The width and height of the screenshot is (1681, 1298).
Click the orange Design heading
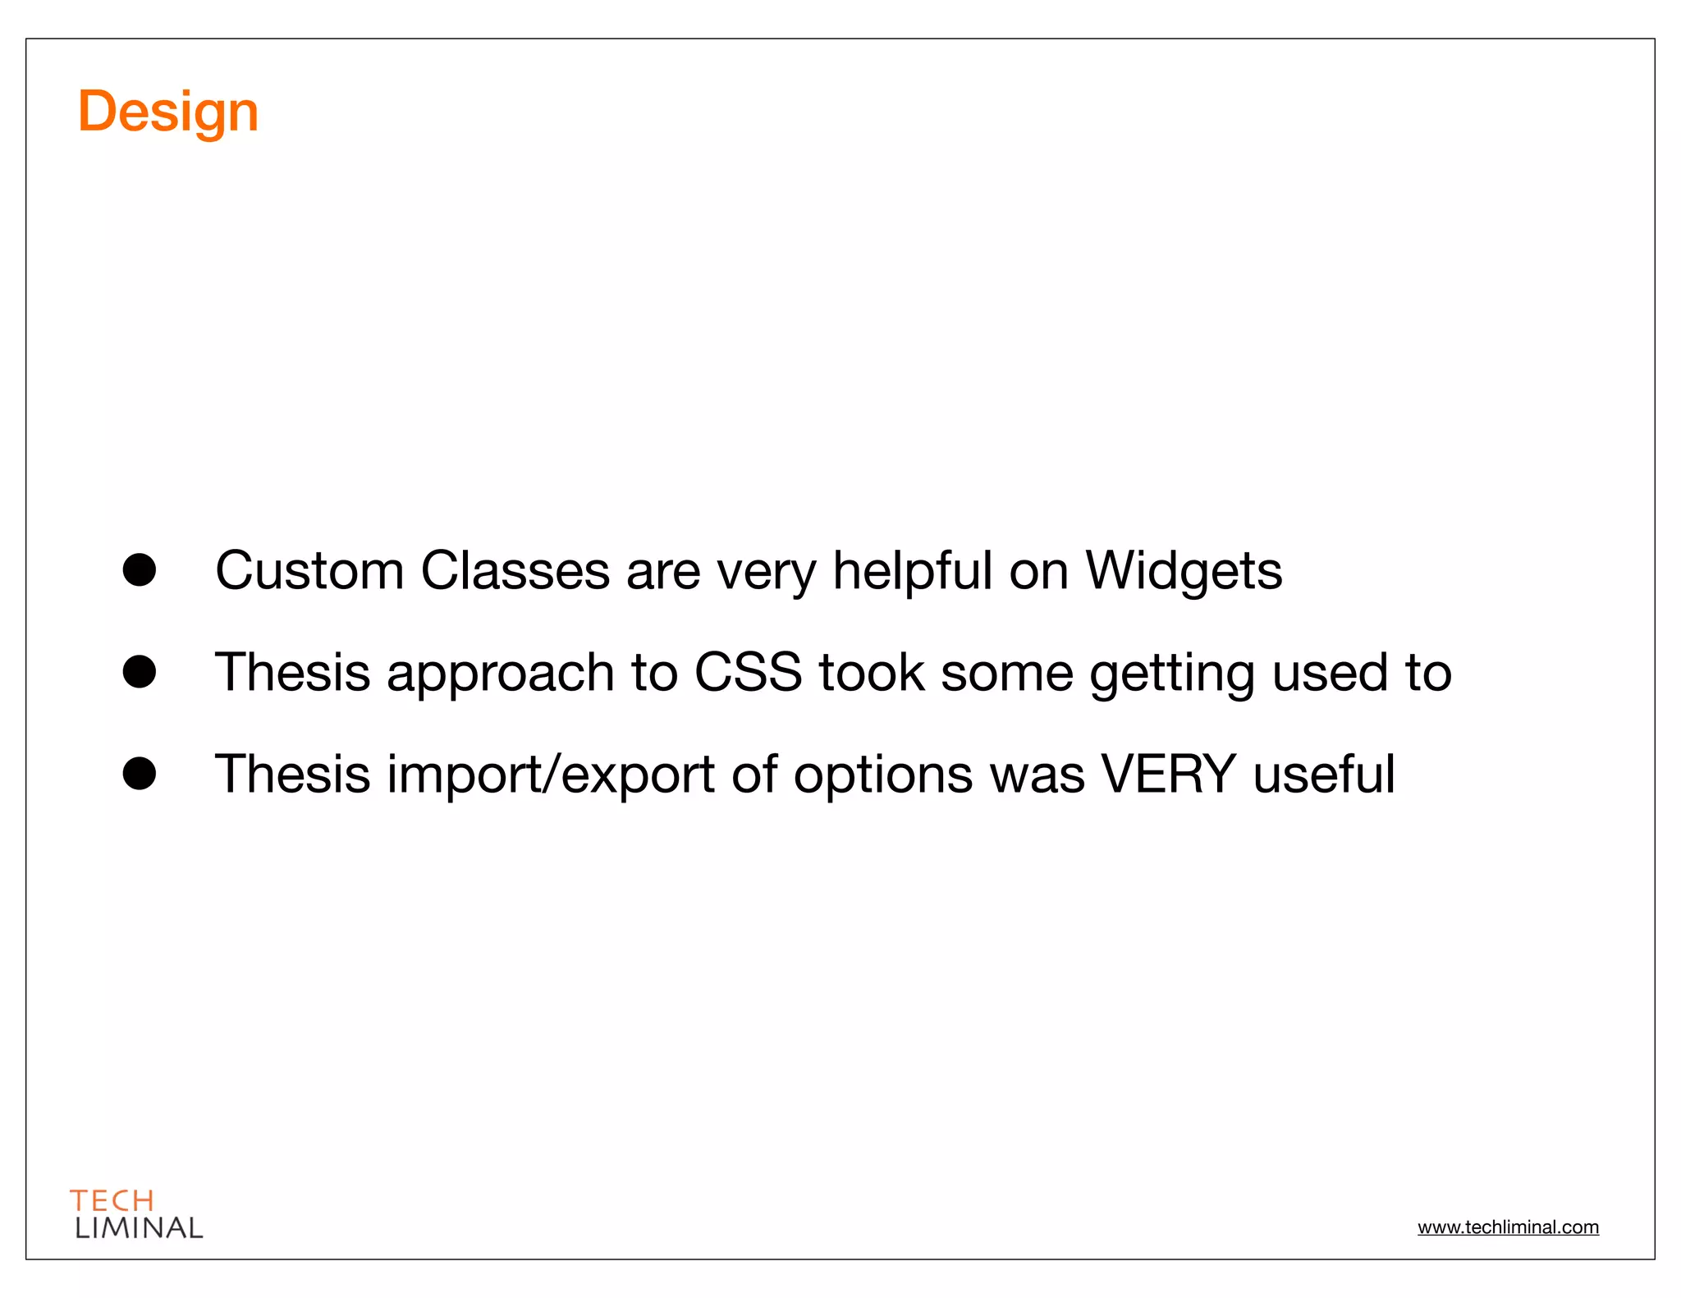click(168, 112)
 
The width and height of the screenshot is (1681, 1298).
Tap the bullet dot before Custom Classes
click(140, 569)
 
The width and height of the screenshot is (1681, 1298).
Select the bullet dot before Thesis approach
click(140, 671)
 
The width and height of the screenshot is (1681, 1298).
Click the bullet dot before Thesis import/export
click(140, 773)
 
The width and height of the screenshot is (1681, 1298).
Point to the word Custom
click(309, 571)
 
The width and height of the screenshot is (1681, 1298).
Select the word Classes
click(515, 571)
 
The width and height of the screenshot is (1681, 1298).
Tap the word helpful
click(913, 571)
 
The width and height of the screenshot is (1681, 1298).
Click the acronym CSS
click(748, 673)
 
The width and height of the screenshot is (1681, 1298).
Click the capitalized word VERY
click(1168, 775)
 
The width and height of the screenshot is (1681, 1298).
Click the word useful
click(1323, 775)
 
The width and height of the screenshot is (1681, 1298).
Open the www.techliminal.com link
click(1508, 1227)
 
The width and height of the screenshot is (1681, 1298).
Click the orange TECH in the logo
click(112, 1201)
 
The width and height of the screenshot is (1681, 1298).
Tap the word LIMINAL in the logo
click(139, 1228)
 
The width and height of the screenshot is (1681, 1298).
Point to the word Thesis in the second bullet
click(293, 673)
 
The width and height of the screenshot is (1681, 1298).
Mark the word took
click(871, 673)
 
